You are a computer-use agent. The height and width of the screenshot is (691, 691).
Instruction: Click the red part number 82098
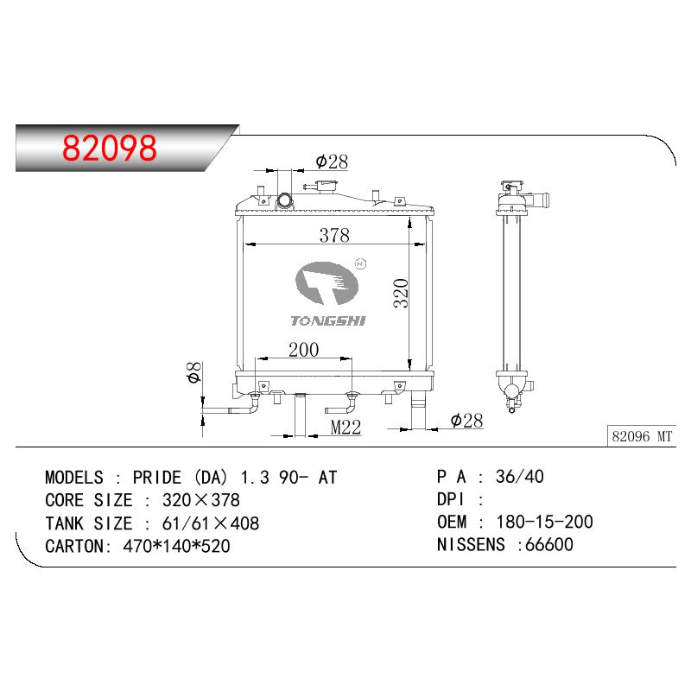pos(110,147)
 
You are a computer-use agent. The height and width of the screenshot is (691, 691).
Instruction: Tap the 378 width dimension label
pos(334,235)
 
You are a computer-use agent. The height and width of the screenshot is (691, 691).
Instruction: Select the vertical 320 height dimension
pos(401,293)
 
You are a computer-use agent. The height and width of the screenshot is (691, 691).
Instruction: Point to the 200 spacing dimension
pos(304,350)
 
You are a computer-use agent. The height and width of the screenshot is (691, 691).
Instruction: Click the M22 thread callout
pos(346,427)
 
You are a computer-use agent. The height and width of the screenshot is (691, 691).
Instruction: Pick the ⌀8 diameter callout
pos(193,372)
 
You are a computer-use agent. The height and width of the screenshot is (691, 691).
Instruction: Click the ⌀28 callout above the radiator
pos(332,162)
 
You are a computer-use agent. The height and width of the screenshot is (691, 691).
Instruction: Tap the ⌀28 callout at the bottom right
pos(466,421)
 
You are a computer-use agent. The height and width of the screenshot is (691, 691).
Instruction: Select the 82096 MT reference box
pos(642,436)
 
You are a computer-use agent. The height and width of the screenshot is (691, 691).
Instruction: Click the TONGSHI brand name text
pos(328,320)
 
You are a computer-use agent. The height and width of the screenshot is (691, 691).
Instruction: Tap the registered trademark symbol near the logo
pos(360,263)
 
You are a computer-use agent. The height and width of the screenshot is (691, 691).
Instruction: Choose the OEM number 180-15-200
pos(545,522)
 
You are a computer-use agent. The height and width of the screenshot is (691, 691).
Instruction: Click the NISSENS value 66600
pos(549,545)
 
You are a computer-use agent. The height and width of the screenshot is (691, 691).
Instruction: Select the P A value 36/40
pos(520,477)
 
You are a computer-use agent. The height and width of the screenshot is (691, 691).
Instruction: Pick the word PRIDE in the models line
pos(157,478)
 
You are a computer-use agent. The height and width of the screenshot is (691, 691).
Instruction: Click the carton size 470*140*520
pos(177,547)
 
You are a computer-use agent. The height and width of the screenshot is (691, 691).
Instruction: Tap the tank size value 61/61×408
pos(211,523)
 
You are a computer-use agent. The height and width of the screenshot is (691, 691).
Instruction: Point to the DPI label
pos(450,499)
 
